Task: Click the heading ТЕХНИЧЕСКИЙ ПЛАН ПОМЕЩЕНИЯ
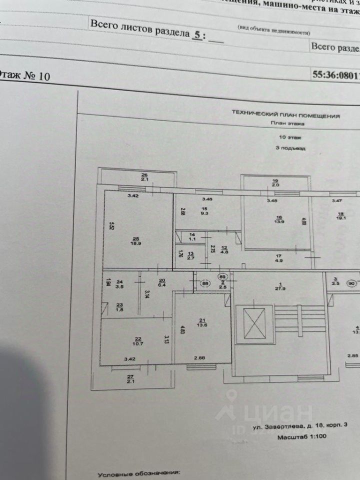point(285,115)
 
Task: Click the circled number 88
point(205,283)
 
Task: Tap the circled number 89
point(223,276)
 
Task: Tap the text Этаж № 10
point(25,76)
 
